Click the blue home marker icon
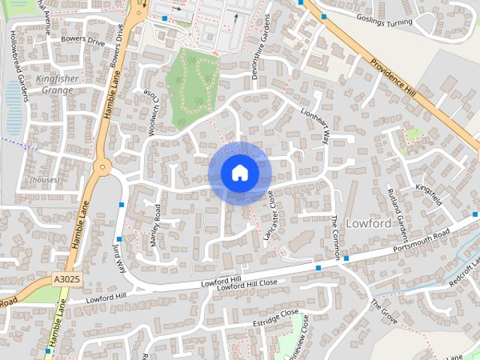(240, 173)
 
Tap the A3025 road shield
(67, 279)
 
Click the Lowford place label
(368, 223)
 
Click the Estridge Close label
(275, 316)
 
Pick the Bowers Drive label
(83, 40)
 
